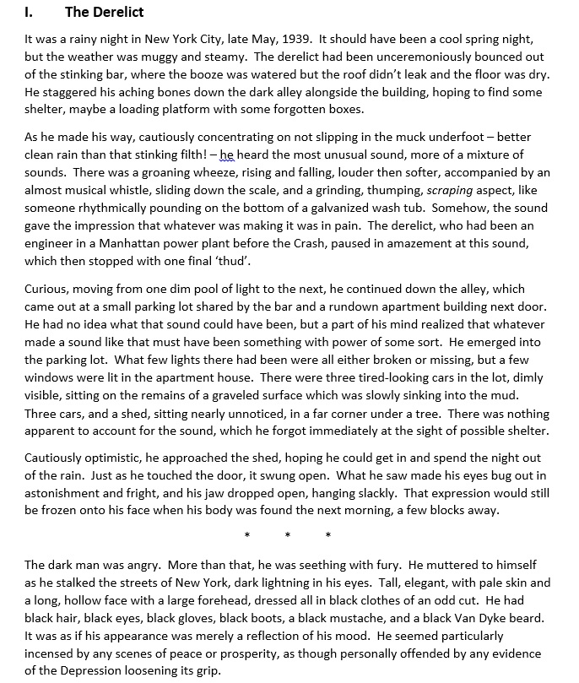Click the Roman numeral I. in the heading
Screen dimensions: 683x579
pos(29,12)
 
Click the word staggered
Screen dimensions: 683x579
pos(61,92)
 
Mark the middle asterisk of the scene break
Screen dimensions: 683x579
pos(287,535)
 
